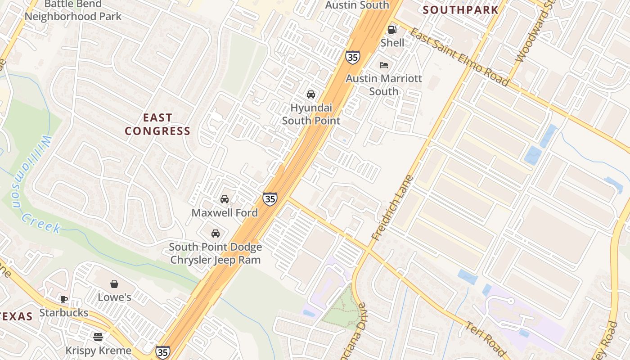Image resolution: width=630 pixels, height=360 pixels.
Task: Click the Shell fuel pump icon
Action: pos(392,30)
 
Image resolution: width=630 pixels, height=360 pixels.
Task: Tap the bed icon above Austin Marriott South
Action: pos(384,65)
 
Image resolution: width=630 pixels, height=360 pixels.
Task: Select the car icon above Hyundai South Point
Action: pos(310,94)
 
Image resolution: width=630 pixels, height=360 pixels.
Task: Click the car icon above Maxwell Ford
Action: pos(225,199)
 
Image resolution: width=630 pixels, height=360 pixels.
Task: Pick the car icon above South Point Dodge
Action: pos(216,234)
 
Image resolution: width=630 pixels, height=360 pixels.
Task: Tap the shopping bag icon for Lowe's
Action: pos(114,284)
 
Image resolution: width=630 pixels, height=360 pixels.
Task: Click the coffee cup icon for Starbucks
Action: pos(64,299)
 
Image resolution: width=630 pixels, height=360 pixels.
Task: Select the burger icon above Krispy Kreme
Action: pos(98,337)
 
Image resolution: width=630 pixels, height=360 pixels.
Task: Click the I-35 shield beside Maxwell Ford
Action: pos(270,199)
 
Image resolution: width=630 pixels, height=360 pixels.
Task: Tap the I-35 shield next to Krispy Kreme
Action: pos(162,352)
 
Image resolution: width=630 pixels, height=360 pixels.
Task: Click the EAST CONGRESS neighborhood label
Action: pos(157,125)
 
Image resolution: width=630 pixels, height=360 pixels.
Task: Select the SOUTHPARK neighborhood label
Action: pos(461,10)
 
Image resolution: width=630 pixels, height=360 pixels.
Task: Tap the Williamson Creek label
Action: pos(36,184)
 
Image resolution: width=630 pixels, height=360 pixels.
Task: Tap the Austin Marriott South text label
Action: pos(384,85)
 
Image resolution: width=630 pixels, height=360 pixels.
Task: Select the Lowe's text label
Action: pos(114,297)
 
